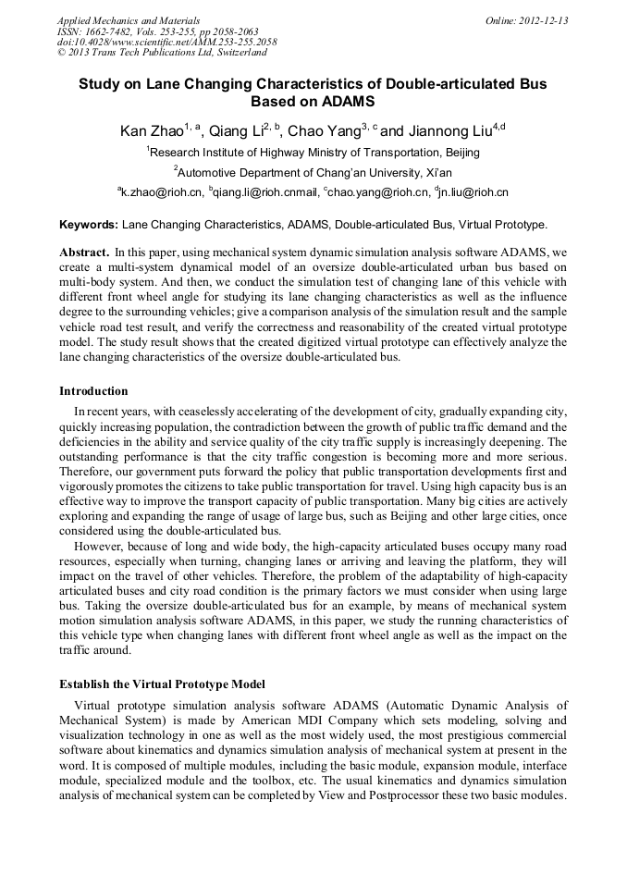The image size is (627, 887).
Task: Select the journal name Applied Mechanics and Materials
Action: pyautogui.click(x=128, y=19)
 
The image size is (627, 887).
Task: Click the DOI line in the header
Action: pyautogui.click(x=166, y=42)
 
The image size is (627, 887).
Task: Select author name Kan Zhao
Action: pyautogui.click(x=151, y=131)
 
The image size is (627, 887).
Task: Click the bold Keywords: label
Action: pyautogui.click(x=89, y=224)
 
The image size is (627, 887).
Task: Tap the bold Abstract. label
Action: pyautogui.click(x=84, y=252)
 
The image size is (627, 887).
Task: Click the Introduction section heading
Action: pyautogui.click(x=93, y=391)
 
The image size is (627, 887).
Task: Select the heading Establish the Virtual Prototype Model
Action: pyautogui.click(x=162, y=684)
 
